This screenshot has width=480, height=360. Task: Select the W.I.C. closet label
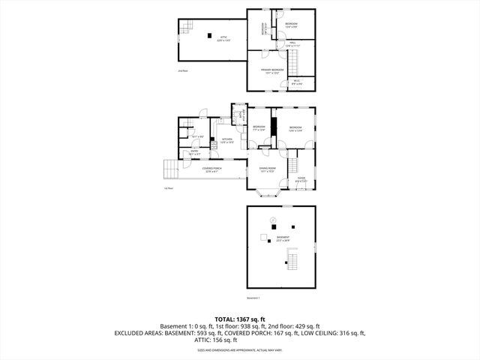tap(296, 82)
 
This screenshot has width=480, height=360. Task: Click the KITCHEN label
tap(226, 140)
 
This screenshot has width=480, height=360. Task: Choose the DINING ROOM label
tap(268, 169)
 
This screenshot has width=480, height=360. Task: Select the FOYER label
tap(300, 179)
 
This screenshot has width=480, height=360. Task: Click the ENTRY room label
tap(193, 152)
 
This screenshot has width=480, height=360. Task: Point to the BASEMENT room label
tap(282, 239)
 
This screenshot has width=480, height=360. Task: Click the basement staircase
tap(292, 262)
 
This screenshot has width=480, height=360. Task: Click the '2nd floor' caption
tap(182, 71)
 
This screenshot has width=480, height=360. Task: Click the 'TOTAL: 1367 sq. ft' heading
tap(240, 318)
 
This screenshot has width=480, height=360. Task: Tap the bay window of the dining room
tap(267, 194)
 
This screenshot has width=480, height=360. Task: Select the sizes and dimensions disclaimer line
tap(240, 349)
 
